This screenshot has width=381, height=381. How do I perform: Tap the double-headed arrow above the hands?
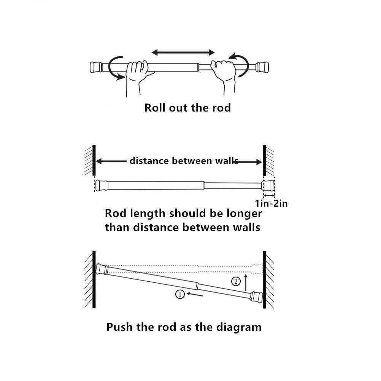tap(183, 52)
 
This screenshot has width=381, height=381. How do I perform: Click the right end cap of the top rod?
tap(263, 67)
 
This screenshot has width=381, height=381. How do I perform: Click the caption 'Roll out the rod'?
tap(187, 108)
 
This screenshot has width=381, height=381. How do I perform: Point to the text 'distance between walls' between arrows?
tap(184, 161)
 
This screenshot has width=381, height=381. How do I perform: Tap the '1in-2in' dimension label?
tap(271, 204)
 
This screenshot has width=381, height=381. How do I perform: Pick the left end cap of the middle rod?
tap(102, 185)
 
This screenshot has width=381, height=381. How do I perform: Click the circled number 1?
tap(180, 294)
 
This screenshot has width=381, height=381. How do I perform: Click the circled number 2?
tap(236, 282)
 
